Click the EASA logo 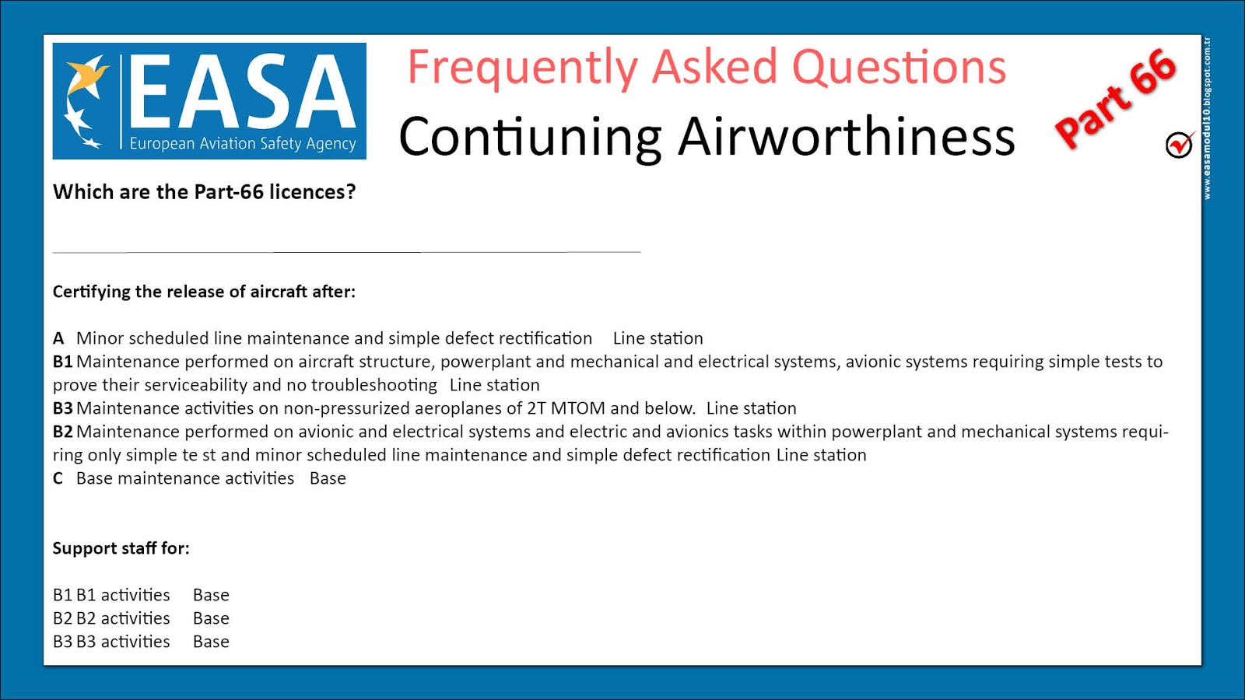[209, 100]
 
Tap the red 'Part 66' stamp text [1115, 99]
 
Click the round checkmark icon [1179, 145]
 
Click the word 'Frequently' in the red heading [522, 68]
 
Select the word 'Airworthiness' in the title [846, 137]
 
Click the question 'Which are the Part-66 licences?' [204, 192]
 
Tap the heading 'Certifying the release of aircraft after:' [204, 292]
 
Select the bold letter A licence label [58, 338]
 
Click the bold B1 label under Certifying [62, 362]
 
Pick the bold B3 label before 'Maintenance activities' [62, 408]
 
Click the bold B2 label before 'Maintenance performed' [62, 432]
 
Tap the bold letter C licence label [58, 478]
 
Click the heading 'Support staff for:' [121, 548]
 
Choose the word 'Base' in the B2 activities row [211, 618]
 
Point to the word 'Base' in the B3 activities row [211, 642]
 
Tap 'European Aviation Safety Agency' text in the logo [242, 144]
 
